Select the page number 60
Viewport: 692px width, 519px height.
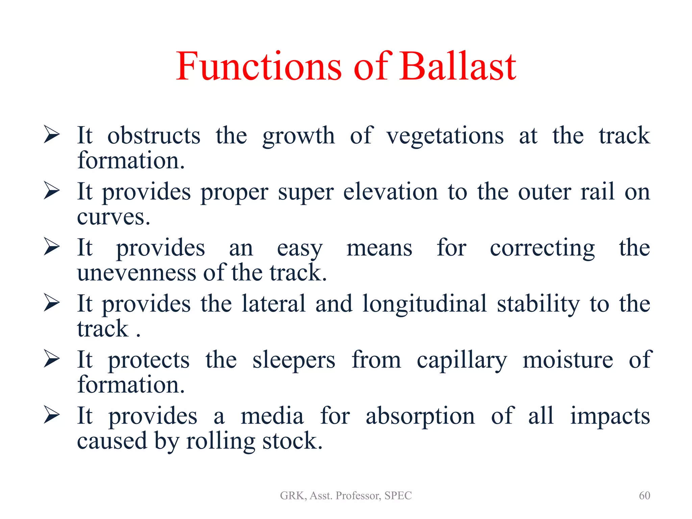click(x=644, y=495)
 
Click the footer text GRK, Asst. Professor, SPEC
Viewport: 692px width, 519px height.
click(x=346, y=495)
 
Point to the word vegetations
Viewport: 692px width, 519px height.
click(x=445, y=136)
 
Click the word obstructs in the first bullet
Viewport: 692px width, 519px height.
click(x=154, y=136)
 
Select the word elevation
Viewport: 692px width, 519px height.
click(x=391, y=192)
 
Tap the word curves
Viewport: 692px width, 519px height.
click(x=113, y=217)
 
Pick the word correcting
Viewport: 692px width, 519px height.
click(x=542, y=248)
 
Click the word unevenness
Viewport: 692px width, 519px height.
click(x=137, y=273)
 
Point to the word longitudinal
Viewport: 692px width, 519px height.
click(x=424, y=304)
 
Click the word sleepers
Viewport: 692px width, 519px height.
click(x=294, y=361)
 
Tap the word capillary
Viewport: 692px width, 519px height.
click(x=462, y=361)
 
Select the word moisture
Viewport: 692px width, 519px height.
click(x=568, y=360)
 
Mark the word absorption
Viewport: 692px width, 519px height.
click(x=420, y=416)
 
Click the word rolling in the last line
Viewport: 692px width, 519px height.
click(x=220, y=441)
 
